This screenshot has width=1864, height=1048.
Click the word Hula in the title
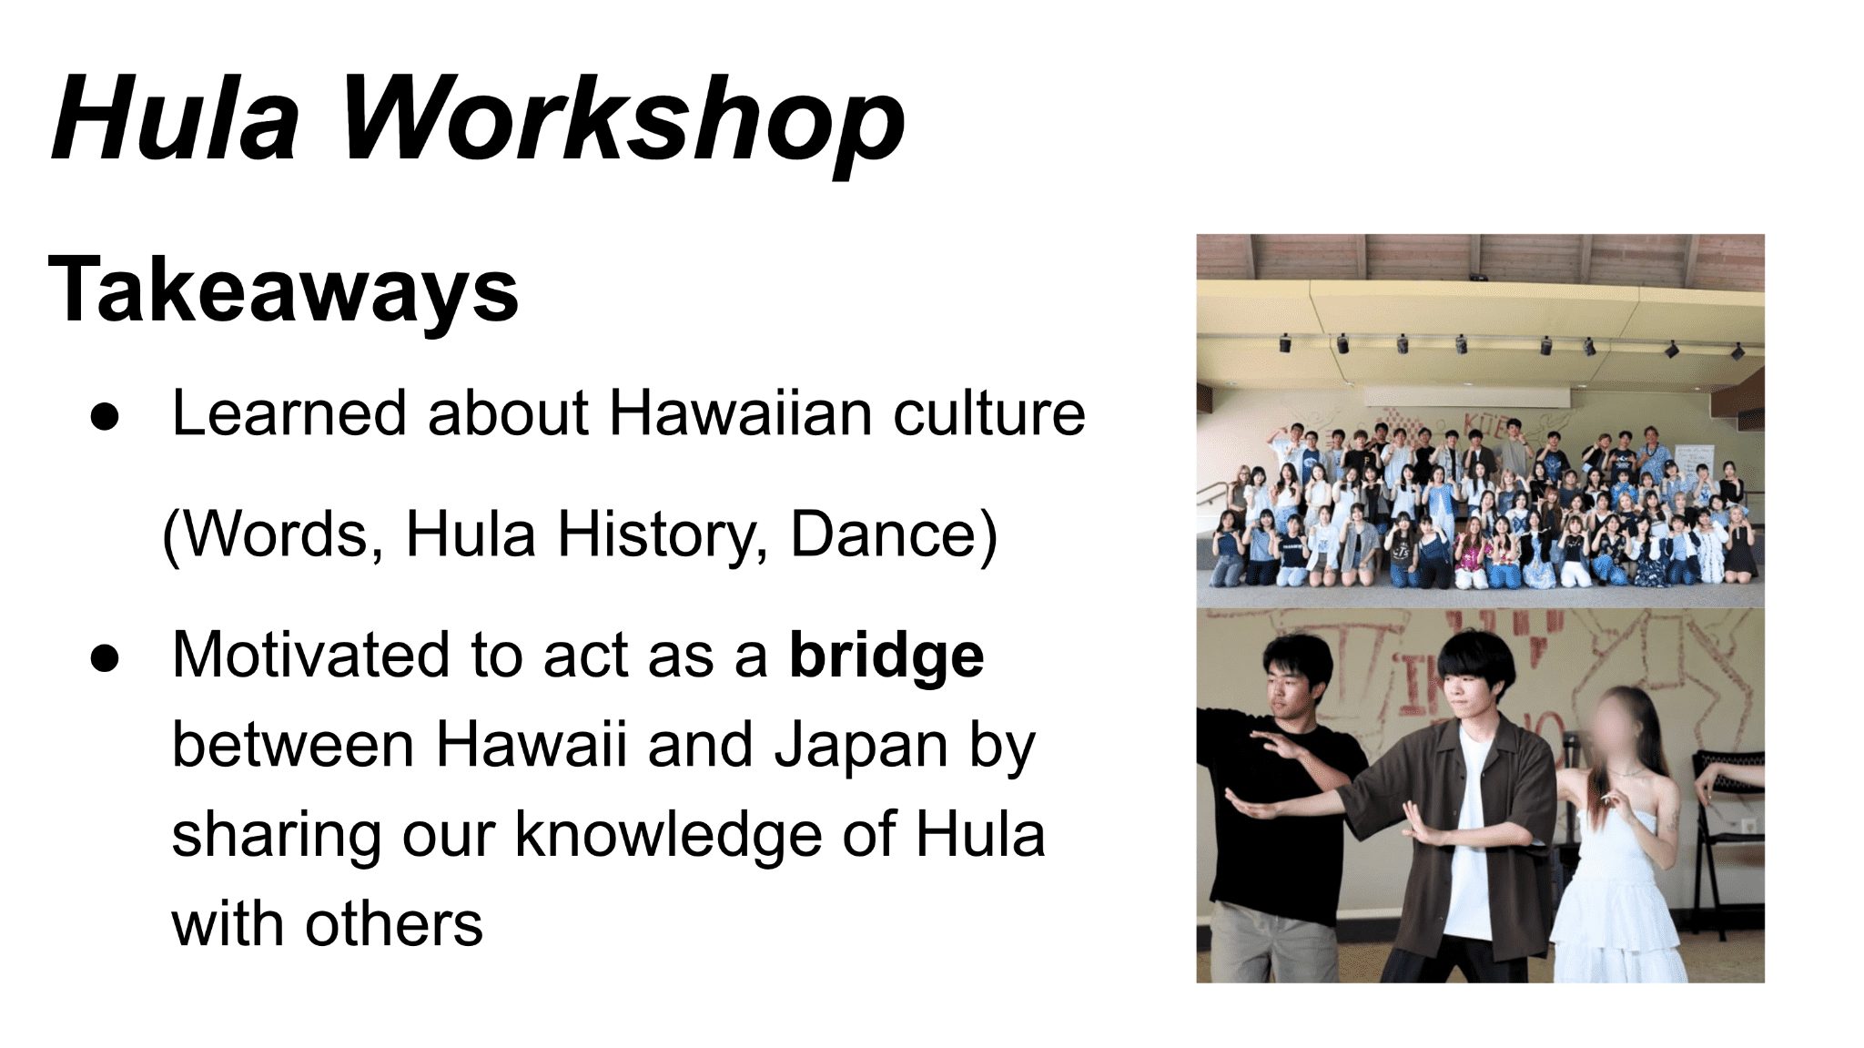(x=176, y=118)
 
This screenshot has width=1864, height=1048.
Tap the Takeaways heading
(x=283, y=290)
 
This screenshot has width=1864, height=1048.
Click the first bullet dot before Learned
(x=106, y=415)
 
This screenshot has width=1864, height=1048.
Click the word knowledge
(x=668, y=835)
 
